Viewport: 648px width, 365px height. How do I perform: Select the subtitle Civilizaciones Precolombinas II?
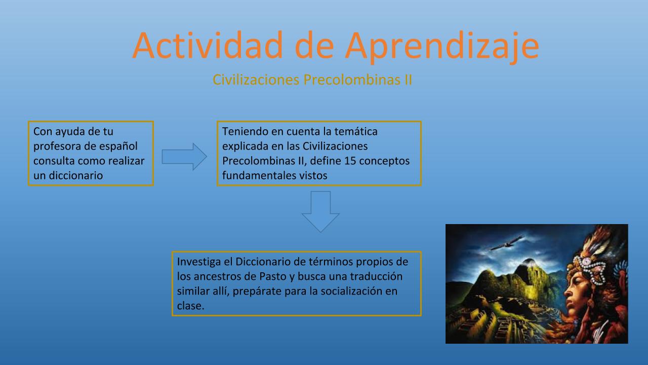312,80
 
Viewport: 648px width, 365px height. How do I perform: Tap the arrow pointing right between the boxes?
184,157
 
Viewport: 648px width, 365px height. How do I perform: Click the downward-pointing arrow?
320,211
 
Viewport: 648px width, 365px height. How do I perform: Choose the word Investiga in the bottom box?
199,262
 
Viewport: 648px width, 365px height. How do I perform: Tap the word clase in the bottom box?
189,306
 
